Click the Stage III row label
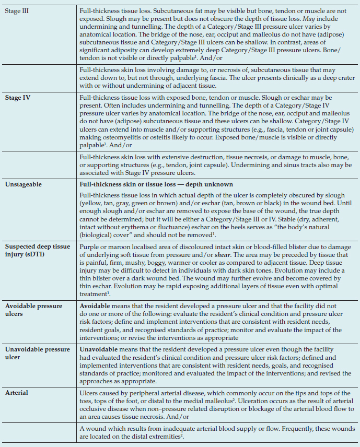[17, 10]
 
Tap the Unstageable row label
[23, 184]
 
